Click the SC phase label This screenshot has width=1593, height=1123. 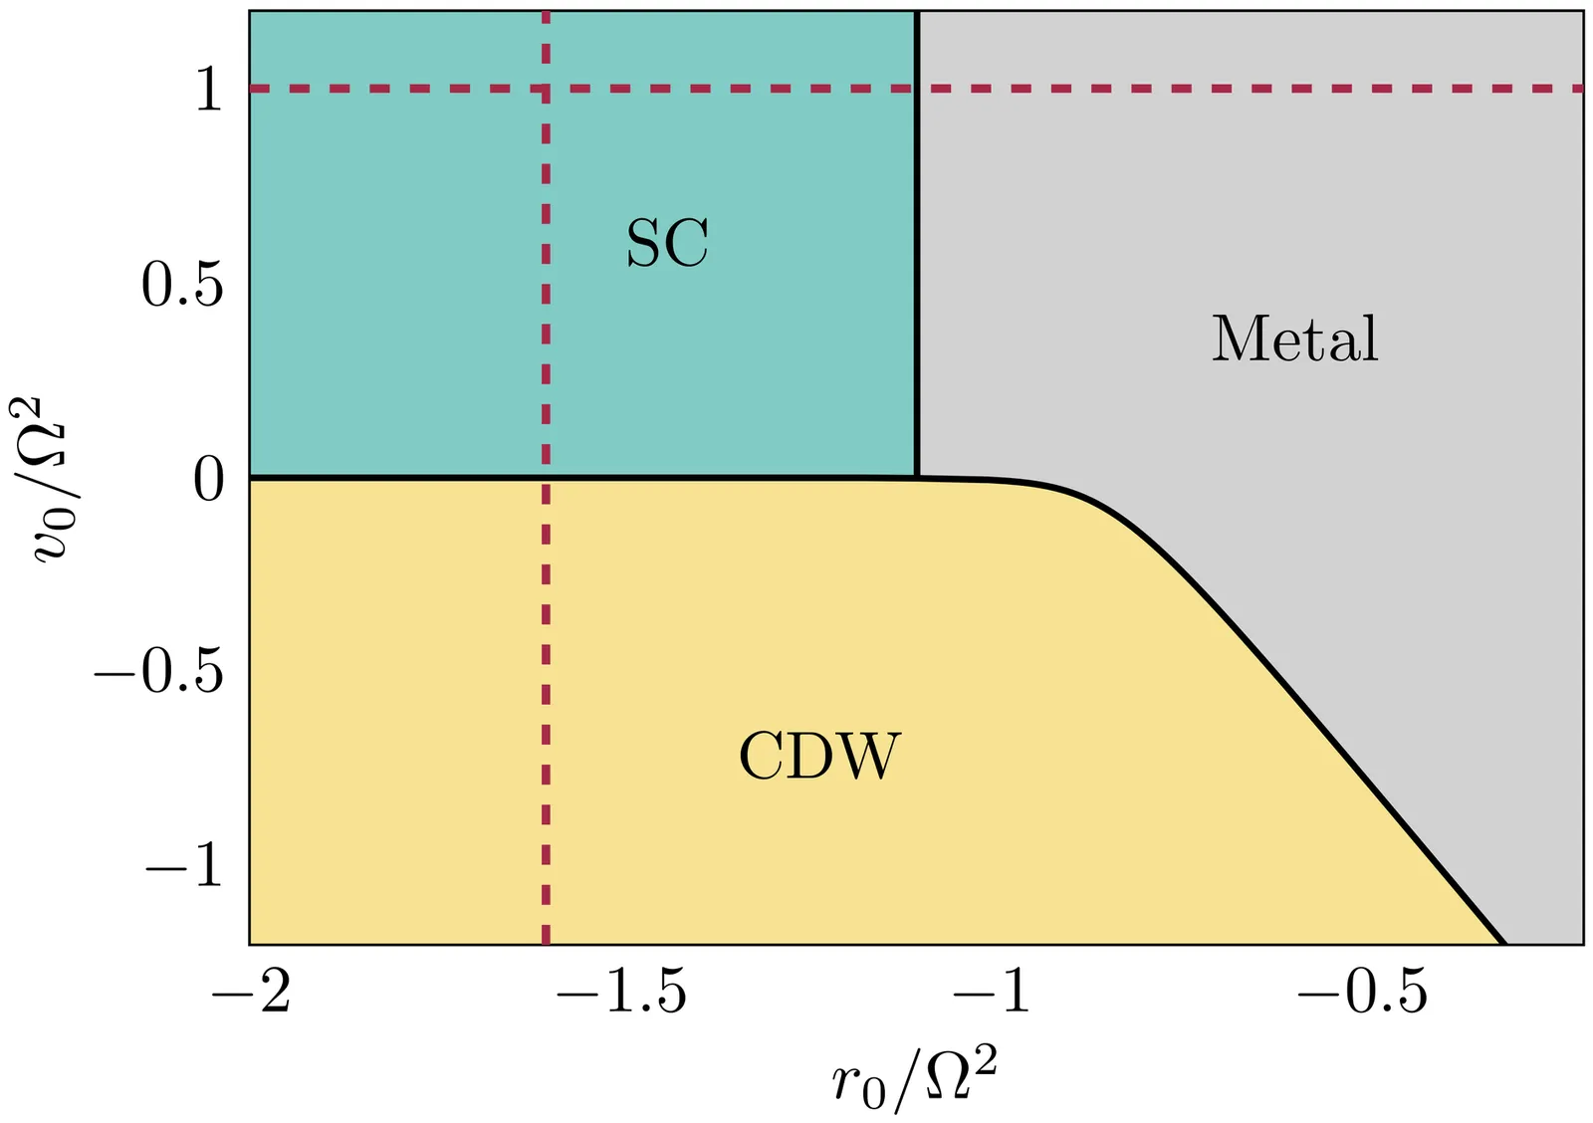(667, 243)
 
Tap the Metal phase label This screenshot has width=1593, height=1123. (1294, 338)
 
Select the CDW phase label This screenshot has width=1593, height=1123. (819, 756)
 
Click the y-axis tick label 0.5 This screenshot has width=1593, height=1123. (182, 285)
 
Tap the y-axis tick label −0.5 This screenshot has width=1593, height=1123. (159, 673)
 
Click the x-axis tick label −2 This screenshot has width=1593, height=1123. (252, 992)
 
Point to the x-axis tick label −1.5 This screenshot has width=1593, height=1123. (621, 992)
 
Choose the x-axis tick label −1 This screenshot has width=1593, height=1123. (992, 992)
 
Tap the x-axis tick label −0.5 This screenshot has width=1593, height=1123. (1362, 992)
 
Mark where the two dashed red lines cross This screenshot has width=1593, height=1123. (546, 89)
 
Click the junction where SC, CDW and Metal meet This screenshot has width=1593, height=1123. (917, 478)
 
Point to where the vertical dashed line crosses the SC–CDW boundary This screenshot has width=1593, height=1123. (546, 479)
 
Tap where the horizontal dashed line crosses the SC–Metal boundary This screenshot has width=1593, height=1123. (917, 89)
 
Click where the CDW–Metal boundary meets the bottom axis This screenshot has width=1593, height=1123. (1503, 943)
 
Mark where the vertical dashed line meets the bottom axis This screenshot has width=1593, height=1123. (546, 943)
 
